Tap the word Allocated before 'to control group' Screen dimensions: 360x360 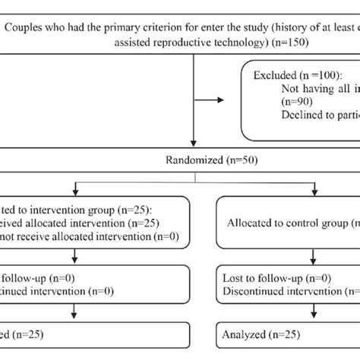pos(252,223)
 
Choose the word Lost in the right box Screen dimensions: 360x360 pos(233,277)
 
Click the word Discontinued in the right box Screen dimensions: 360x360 pos(255,291)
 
